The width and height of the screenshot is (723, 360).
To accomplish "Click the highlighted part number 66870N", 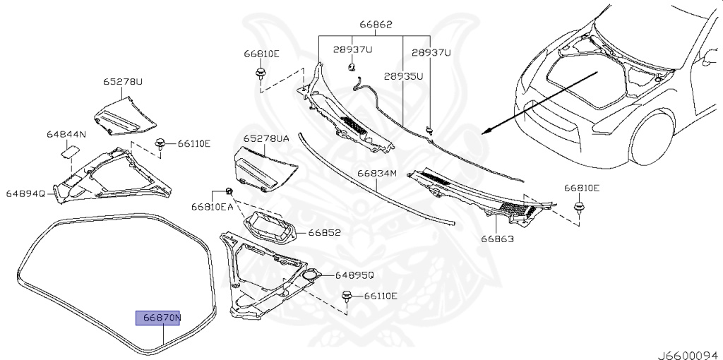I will pyautogui.click(x=159, y=318).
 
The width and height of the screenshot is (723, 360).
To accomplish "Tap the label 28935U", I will pyautogui.click(x=404, y=76).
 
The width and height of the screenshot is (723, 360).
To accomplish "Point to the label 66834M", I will pyautogui.click(x=377, y=173).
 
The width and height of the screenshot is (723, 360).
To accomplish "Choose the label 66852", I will pyautogui.click(x=324, y=232).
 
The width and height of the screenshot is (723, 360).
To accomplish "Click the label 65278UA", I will pyautogui.click(x=266, y=140).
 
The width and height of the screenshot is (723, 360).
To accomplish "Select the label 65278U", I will pyautogui.click(x=123, y=83).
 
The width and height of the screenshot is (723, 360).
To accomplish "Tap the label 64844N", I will pyautogui.click(x=66, y=134).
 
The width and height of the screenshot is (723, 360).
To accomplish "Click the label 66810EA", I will pyautogui.click(x=212, y=207).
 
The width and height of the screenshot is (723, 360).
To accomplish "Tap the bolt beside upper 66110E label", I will pyautogui.click(x=162, y=143).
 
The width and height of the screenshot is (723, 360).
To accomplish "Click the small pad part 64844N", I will pyautogui.click(x=71, y=149).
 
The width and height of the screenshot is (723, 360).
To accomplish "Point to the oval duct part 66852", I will pyautogui.click(x=269, y=228).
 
